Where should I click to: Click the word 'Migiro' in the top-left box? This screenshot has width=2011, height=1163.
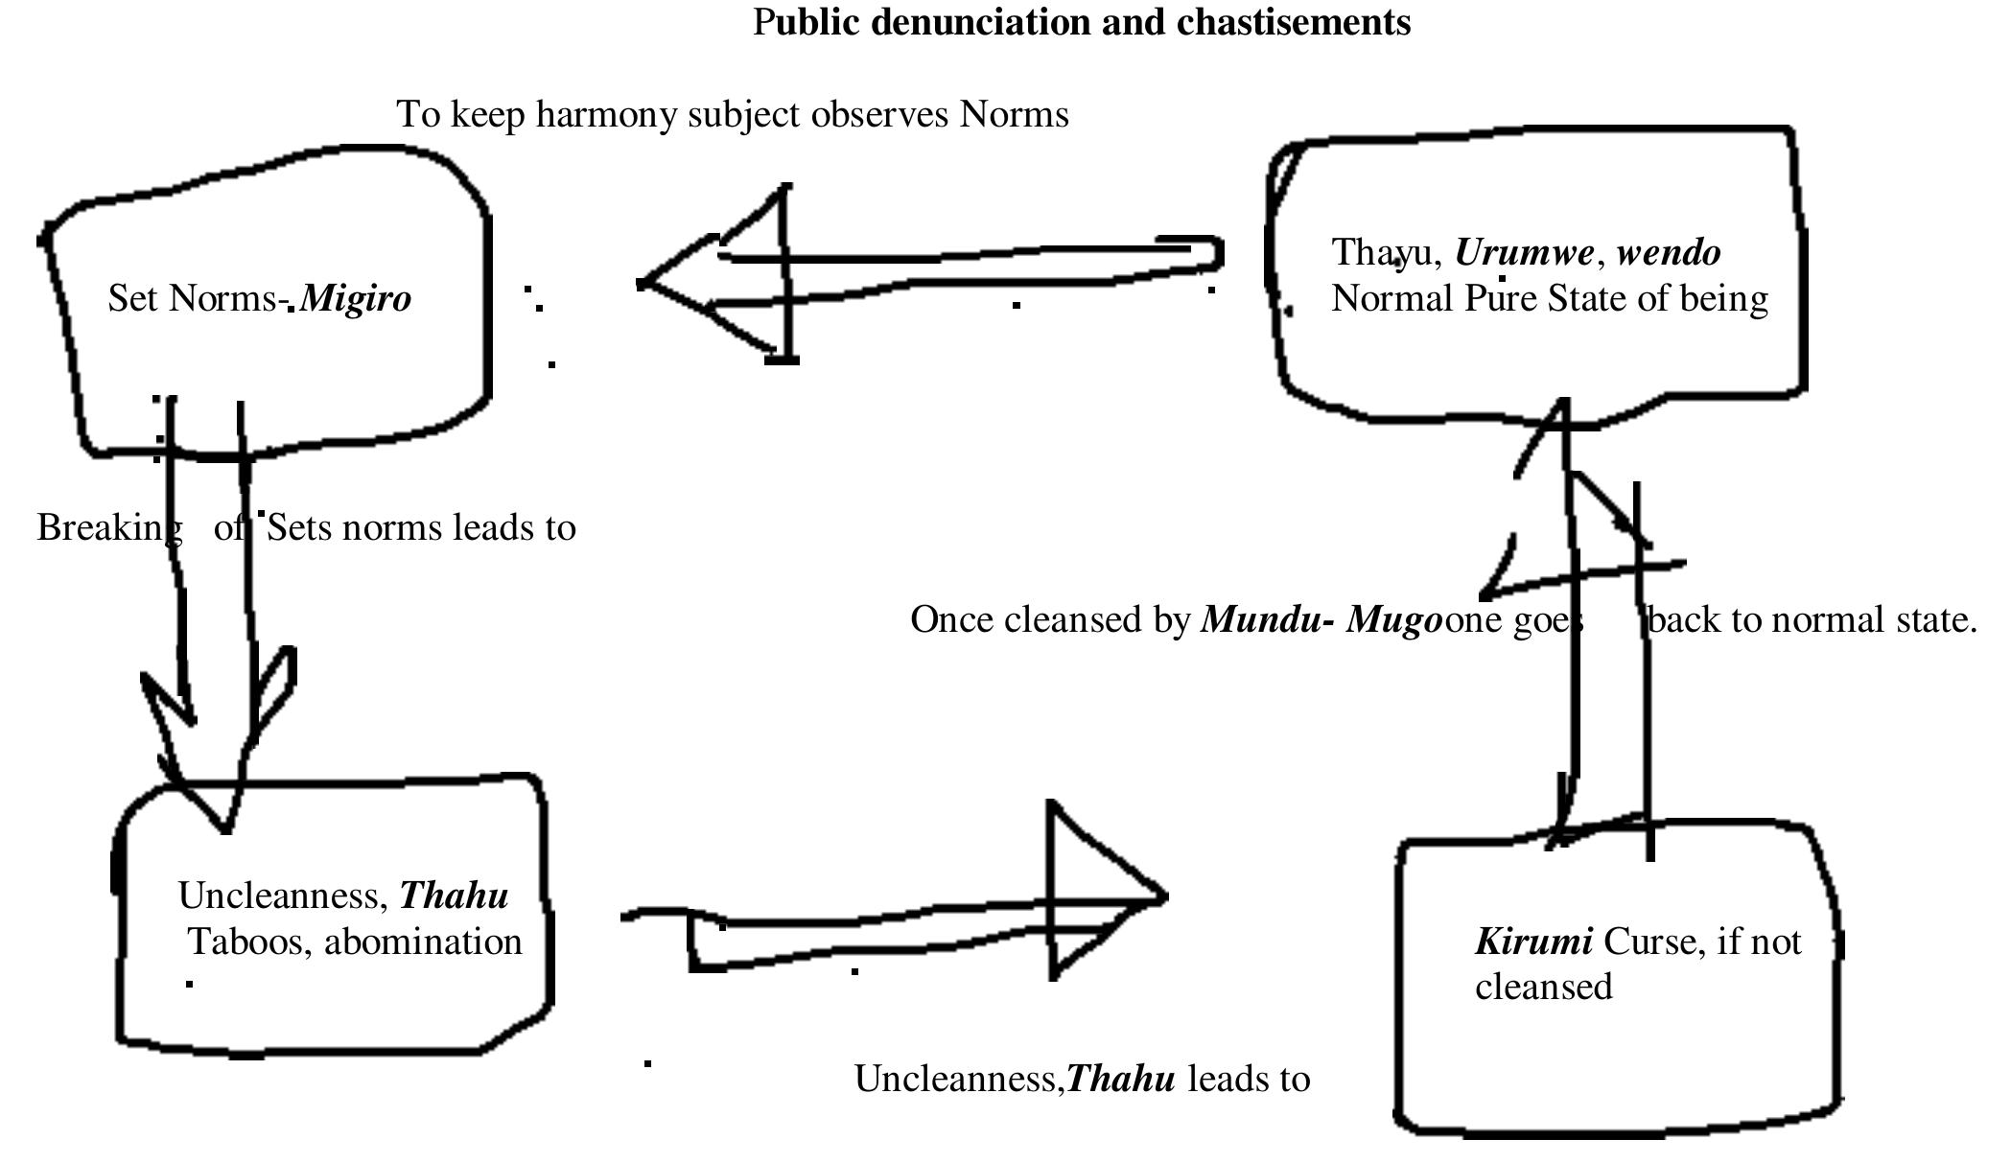[x=356, y=299]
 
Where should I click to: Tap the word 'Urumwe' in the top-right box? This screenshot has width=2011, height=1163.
[x=1524, y=253]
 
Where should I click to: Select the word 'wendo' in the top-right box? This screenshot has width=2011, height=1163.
[x=1669, y=253]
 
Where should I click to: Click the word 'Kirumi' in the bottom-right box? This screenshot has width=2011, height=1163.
[x=1533, y=942]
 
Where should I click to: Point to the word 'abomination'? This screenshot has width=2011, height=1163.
[x=423, y=942]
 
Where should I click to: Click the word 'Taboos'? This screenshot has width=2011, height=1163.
[x=248, y=942]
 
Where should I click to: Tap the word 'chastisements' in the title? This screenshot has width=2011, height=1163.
[x=1293, y=22]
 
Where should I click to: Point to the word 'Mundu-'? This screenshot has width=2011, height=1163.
[x=1267, y=620]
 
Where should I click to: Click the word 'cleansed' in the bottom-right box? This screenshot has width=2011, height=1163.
[x=1543, y=988]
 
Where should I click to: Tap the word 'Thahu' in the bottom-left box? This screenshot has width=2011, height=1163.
[x=454, y=896]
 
